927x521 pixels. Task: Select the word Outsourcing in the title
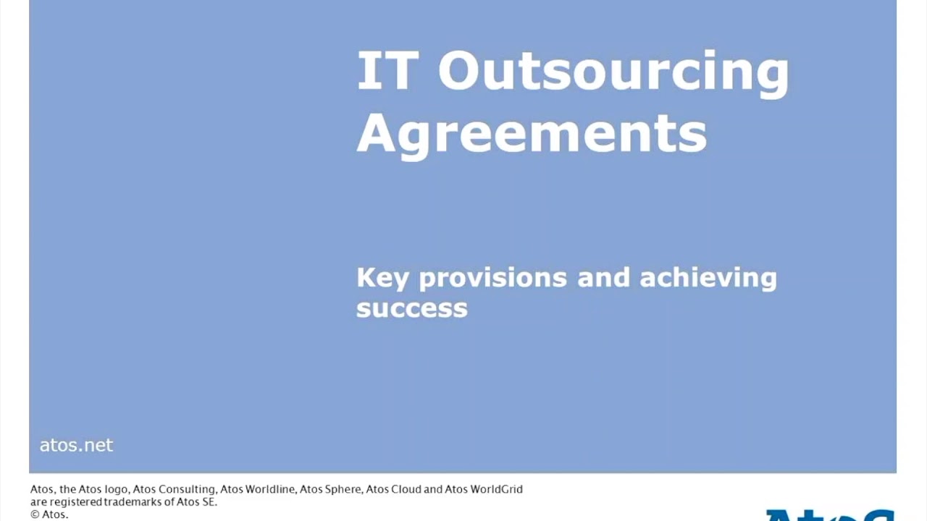pos(613,72)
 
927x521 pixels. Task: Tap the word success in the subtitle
pos(411,308)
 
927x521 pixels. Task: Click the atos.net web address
pos(76,445)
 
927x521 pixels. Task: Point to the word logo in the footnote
pos(117,489)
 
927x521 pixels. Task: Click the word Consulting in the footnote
pos(187,489)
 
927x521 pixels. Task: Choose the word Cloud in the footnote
pos(406,489)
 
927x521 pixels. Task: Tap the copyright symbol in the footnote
pos(34,514)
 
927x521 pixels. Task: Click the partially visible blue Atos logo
pos(830,514)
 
